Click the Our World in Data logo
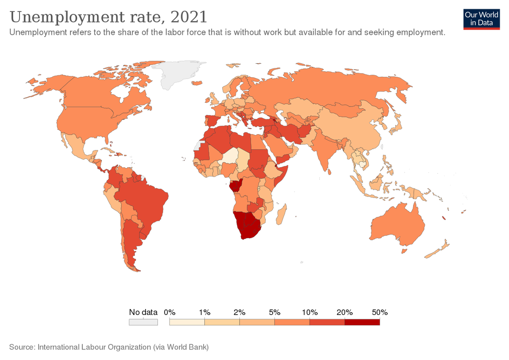pyautogui.click(x=481, y=19)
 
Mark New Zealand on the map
pyautogui.click(x=437, y=250)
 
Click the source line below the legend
pyautogui.click(x=109, y=347)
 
